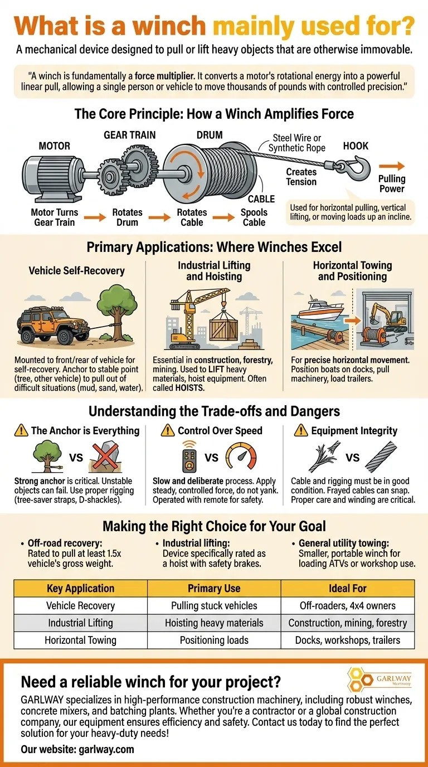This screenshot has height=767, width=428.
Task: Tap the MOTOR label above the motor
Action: (54, 146)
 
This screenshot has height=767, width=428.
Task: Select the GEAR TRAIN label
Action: (129, 135)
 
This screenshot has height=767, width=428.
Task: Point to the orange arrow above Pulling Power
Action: (392, 167)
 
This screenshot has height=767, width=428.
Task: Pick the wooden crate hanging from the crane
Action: (224, 327)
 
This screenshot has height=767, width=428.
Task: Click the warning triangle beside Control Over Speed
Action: (167, 430)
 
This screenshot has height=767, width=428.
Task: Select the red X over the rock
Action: (105, 456)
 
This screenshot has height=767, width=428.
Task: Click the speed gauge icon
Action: (241, 456)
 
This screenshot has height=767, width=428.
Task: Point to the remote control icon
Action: (189, 457)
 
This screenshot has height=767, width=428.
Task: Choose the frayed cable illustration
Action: (324, 457)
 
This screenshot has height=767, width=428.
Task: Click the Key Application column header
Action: (80, 588)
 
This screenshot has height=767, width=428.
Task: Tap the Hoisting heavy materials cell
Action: (214, 623)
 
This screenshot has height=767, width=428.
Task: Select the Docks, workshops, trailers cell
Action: (348, 640)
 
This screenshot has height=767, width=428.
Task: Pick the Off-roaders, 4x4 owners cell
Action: (348, 605)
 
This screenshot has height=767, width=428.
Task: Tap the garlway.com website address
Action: (106, 749)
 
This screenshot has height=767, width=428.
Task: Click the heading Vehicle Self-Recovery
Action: (77, 270)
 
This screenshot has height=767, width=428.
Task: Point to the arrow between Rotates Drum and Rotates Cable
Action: (159, 217)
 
